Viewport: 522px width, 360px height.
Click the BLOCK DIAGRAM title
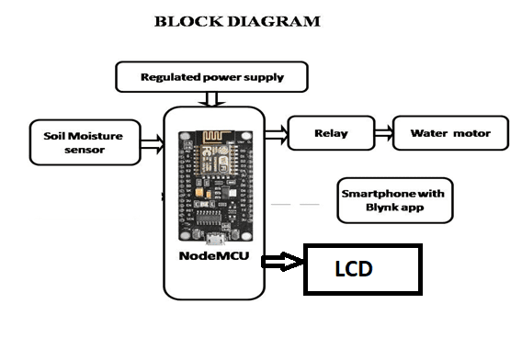pyautogui.click(x=237, y=21)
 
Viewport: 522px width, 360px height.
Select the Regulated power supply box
pyautogui.click(x=211, y=77)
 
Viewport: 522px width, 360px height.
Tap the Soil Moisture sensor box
pyautogui.click(x=85, y=142)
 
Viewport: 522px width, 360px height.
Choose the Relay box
pyautogui.click(x=331, y=133)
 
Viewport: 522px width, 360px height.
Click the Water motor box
pyautogui.click(x=450, y=133)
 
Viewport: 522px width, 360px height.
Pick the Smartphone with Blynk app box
pyautogui.click(x=395, y=200)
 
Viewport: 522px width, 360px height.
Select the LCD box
pyautogui.click(x=363, y=269)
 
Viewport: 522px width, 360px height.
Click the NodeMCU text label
pyautogui.click(x=214, y=255)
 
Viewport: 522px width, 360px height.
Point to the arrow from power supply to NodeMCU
pyautogui.click(x=211, y=99)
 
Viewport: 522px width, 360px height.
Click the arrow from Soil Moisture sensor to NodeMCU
pyautogui.click(x=153, y=144)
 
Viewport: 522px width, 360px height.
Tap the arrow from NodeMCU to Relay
pyautogui.click(x=277, y=135)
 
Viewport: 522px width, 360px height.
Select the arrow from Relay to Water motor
pyautogui.click(x=384, y=133)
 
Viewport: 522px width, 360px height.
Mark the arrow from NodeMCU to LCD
pyautogui.click(x=282, y=262)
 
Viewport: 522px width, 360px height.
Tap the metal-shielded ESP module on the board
pyautogui.click(x=215, y=159)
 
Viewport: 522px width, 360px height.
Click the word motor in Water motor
pyautogui.click(x=471, y=133)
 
